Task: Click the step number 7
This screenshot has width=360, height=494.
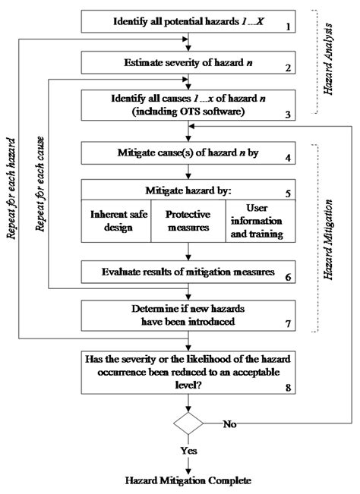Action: point(287,323)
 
